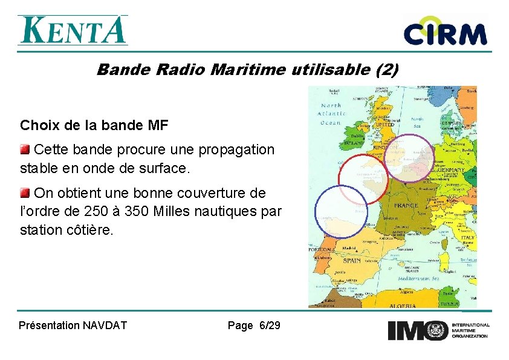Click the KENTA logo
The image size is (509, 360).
coord(73,30)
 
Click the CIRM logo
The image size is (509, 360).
coord(445,33)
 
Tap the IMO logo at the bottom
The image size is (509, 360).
coord(438,330)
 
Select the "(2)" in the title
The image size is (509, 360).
coord(386,70)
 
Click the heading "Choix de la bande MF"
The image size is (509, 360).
coord(94,126)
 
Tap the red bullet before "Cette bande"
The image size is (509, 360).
coord(25,149)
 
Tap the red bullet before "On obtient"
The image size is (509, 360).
coord(25,193)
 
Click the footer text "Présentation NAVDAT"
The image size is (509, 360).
coord(73,326)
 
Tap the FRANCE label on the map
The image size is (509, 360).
coord(406,206)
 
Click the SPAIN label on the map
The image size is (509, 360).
coord(352,261)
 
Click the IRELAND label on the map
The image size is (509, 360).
coord(352,145)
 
